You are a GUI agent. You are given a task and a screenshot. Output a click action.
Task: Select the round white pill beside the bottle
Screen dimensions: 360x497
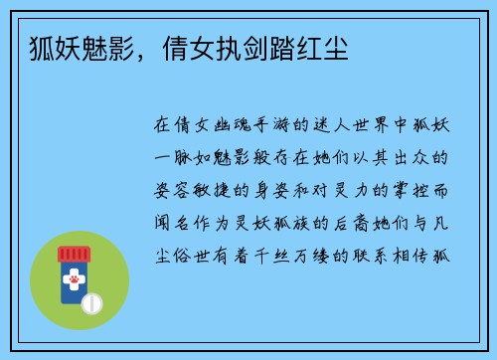(90, 301)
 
